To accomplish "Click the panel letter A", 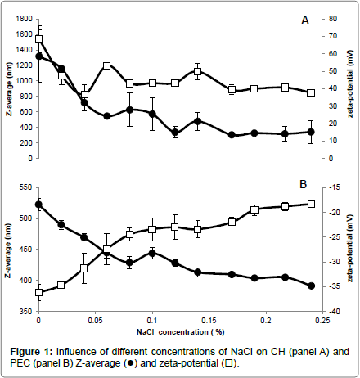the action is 305,20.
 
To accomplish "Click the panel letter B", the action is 304,184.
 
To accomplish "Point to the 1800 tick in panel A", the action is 25,19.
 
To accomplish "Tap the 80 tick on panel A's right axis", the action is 333,19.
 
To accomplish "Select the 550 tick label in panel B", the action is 26,187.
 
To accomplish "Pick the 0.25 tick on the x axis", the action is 322,320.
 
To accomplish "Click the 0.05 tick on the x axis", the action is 96,320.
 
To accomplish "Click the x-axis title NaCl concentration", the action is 180,332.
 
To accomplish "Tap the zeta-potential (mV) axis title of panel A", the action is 350,83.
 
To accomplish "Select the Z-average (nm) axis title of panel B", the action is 9,250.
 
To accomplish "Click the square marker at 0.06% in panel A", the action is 107,65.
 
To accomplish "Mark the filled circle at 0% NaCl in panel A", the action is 39,56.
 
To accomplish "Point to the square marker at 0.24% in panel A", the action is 311,93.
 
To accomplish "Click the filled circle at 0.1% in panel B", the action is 152,253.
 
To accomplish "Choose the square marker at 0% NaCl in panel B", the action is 39,292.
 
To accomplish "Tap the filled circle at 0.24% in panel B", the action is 311,286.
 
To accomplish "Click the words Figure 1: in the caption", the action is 31,352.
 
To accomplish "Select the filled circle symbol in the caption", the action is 131,363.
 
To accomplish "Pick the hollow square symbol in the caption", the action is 229,363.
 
